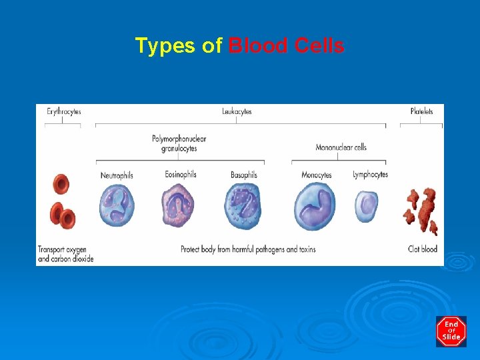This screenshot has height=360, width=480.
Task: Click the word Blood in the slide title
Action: pos(258,46)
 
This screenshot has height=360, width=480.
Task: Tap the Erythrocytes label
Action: pos(63,111)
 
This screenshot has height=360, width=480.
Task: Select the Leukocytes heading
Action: pos(237,111)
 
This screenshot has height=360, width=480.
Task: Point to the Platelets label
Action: pos(421,111)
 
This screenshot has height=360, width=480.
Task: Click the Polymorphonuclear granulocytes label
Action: pos(179,143)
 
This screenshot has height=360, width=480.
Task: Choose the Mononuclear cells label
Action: pos(341,147)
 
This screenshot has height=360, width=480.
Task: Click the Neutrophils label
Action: pos(117,175)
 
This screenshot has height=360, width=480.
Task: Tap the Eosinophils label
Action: pos(181,175)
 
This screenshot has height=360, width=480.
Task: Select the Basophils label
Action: pos(243,175)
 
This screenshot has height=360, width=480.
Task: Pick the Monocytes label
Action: pos(316,175)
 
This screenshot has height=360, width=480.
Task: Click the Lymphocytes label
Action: pos(370,175)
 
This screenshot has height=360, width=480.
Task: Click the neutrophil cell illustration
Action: pos(117,205)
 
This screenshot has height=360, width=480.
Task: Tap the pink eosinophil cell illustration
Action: pos(179,205)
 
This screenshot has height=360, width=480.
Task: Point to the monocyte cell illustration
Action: pos(316,206)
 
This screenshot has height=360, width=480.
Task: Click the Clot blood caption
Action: pos(423,249)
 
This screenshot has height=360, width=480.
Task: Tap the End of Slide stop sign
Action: pos(451,331)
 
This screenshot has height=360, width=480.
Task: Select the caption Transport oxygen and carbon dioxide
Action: pos(65,253)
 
